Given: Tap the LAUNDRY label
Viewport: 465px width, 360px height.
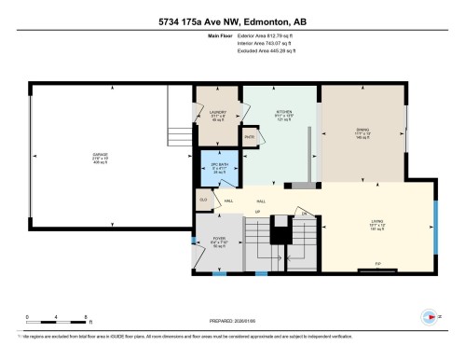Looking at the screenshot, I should coord(218,114).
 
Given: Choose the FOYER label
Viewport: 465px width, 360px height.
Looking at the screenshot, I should coord(219,242).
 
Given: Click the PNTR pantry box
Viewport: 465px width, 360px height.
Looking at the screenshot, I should coord(250,137).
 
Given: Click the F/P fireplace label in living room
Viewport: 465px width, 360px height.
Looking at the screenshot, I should coord(376,270).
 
